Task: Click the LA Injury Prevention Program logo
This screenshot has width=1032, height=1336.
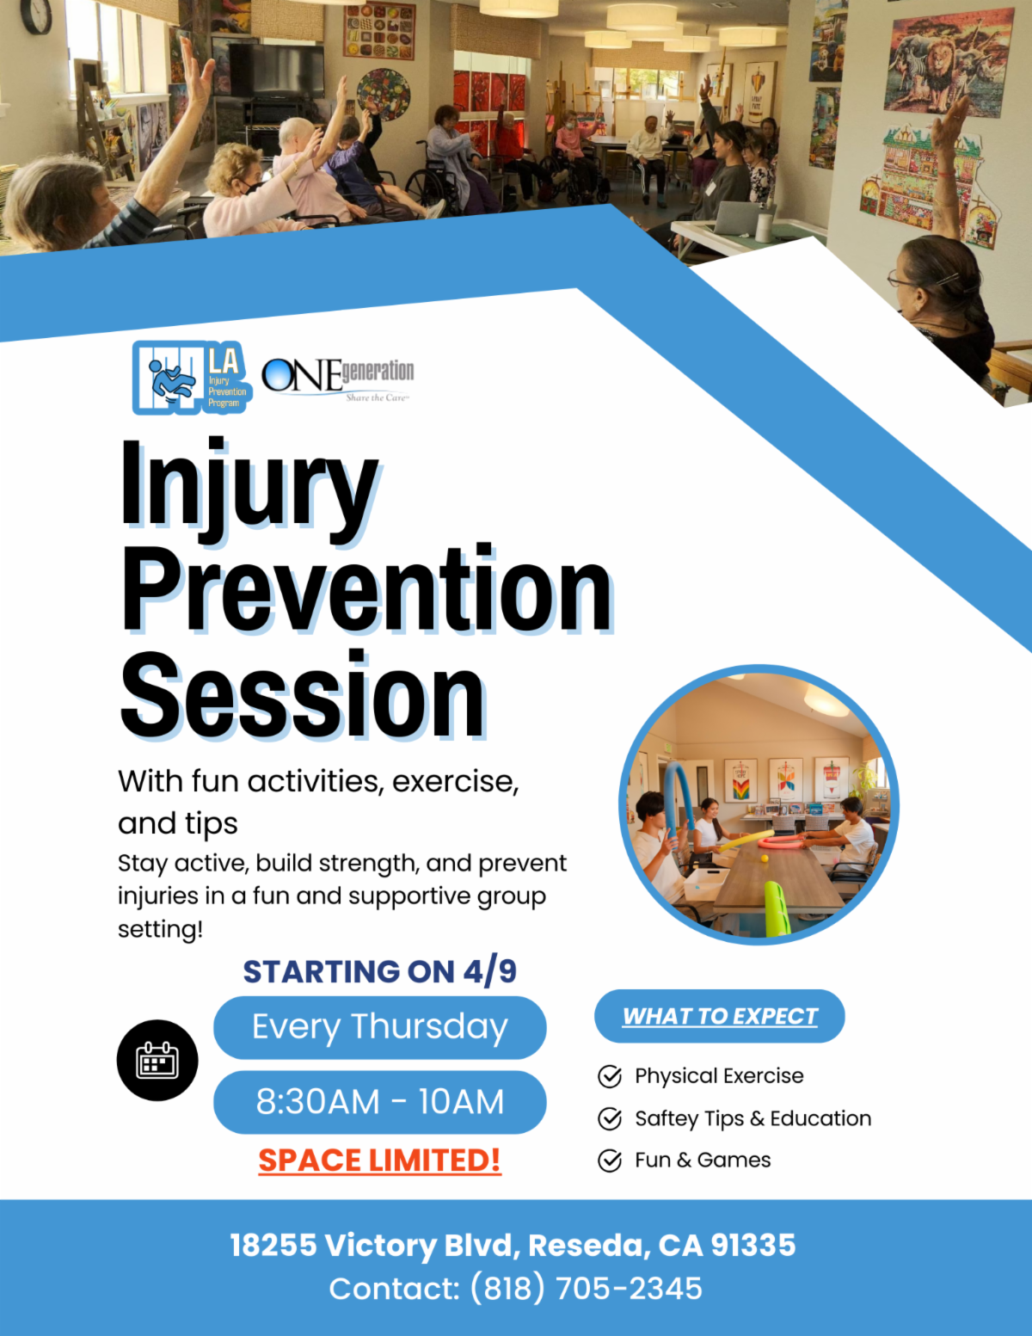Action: click(192, 378)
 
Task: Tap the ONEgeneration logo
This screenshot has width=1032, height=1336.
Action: click(337, 379)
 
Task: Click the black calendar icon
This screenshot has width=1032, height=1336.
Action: click(157, 1061)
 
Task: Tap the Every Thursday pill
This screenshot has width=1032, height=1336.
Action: click(380, 1027)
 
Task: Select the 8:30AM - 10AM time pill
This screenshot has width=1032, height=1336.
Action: click(380, 1102)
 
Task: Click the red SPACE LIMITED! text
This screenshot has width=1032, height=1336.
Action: click(380, 1161)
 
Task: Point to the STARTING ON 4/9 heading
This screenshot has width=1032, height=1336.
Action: click(380, 972)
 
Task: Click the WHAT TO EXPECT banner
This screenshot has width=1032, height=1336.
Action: click(720, 1016)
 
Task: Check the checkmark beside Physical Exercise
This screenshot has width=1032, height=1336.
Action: click(610, 1076)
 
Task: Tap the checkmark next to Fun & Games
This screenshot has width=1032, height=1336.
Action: click(610, 1161)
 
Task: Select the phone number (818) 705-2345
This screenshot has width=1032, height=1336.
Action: click(587, 1289)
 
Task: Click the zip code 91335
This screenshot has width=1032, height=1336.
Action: click(753, 1246)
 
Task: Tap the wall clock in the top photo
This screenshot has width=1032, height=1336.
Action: click(36, 14)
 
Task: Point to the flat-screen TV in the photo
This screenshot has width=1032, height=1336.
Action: click(277, 70)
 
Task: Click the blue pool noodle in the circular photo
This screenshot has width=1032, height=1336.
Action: click(679, 805)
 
